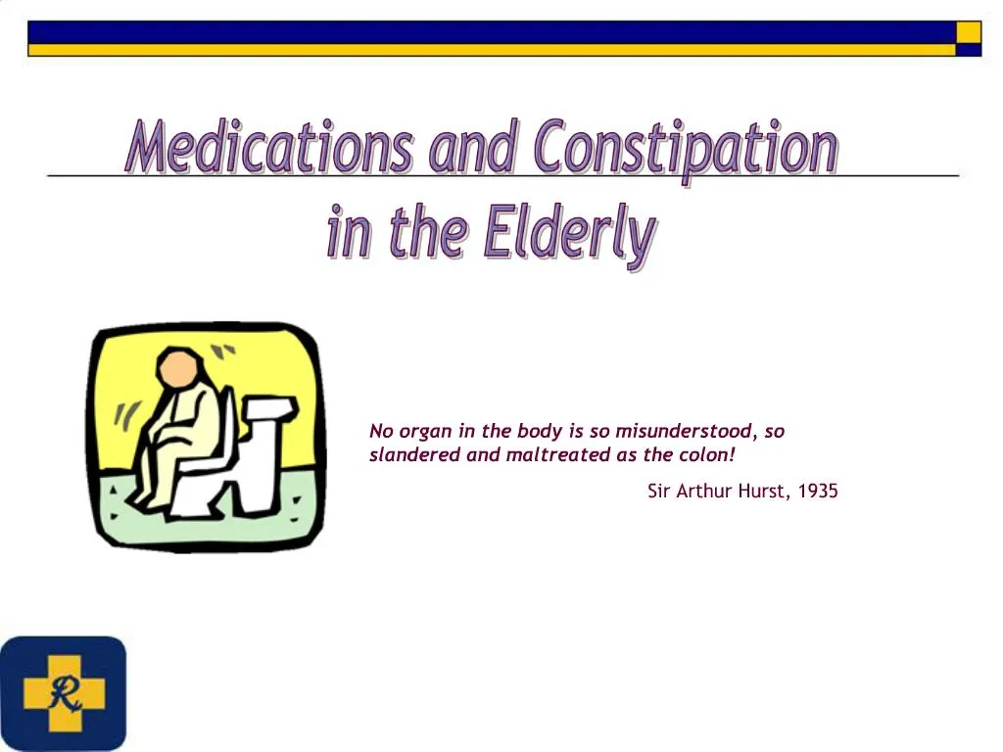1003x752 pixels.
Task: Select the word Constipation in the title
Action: click(686, 150)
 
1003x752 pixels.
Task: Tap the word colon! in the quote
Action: click(705, 454)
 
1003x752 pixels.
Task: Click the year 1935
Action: click(818, 492)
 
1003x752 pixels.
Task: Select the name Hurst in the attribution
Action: click(764, 492)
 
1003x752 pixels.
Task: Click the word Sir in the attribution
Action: click(659, 492)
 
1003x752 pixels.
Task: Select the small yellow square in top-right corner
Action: click(968, 32)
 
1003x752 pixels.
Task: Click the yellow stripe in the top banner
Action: click(490, 49)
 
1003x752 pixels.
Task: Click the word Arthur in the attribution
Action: click(704, 492)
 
